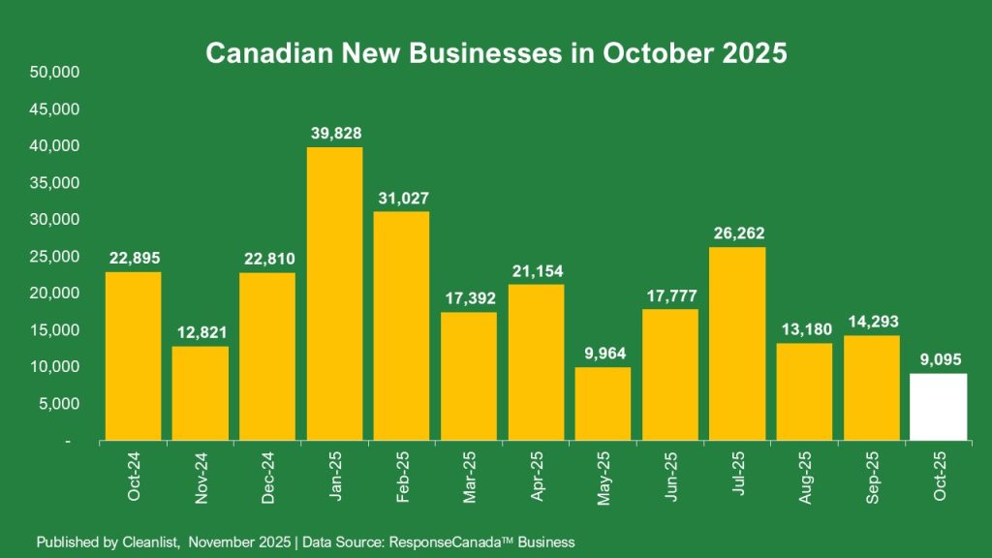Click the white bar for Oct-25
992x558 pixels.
click(x=939, y=407)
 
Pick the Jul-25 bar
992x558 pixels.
click(x=737, y=344)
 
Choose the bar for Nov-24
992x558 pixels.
click(x=201, y=393)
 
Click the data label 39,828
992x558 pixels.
click(x=335, y=133)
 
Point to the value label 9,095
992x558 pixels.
click(x=939, y=359)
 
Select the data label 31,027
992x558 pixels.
click(x=402, y=198)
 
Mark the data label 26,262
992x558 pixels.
click(x=737, y=232)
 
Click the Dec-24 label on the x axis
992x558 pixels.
click(x=268, y=478)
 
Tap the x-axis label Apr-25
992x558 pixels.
click(x=536, y=478)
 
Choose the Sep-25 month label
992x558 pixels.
click(x=872, y=478)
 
